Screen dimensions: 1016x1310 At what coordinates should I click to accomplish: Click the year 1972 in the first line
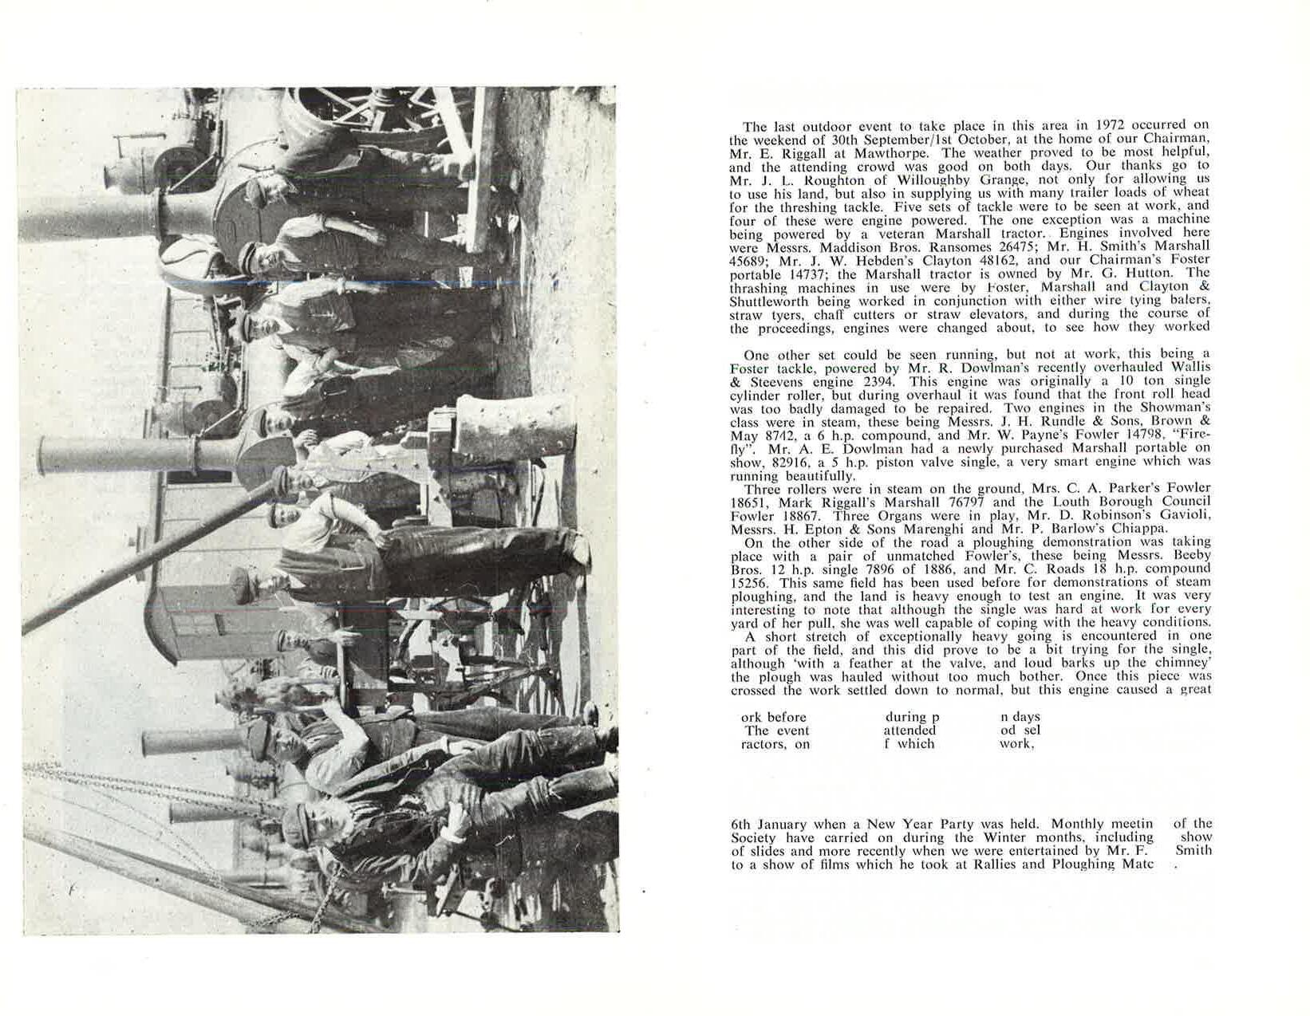[1110, 125]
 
